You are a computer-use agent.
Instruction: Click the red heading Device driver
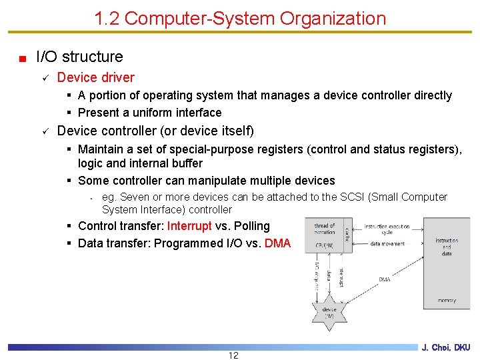point(95,77)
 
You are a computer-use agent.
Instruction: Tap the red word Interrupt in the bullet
point(189,226)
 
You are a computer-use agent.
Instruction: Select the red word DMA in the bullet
point(277,243)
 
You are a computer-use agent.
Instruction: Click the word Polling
point(252,226)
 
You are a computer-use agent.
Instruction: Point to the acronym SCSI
point(353,197)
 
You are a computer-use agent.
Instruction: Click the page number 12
point(233,355)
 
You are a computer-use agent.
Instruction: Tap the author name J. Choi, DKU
point(445,347)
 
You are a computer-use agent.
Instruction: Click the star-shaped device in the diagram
point(329,311)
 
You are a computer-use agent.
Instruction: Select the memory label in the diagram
point(446,301)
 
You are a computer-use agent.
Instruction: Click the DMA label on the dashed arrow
point(384,279)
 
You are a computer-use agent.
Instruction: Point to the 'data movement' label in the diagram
point(387,244)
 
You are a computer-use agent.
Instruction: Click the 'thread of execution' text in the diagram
point(325,229)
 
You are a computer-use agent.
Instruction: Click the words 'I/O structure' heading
point(79,57)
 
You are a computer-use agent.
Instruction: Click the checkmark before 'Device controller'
point(44,131)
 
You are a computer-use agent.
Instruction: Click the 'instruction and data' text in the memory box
point(446,247)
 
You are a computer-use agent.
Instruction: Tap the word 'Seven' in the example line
point(134,197)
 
